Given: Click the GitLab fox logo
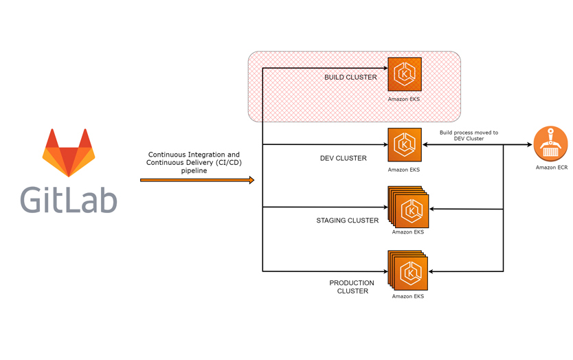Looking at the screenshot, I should click(x=69, y=153).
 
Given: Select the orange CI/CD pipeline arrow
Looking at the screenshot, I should click(x=196, y=180).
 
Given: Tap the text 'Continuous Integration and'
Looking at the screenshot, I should click(x=194, y=155).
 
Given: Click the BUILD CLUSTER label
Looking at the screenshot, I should click(x=350, y=78).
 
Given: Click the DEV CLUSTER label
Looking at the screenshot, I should click(x=344, y=158).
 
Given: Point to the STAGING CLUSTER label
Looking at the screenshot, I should click(x=347, y=221).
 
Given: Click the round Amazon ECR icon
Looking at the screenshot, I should click(x=551, y=144).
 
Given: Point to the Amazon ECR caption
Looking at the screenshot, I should click(x=552, y=168).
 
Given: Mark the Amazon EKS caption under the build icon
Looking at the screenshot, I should click(x=404, y=100).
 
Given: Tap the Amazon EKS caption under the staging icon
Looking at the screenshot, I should click(x=408, y=232).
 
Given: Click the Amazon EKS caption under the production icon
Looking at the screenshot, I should click(x=408, y=297).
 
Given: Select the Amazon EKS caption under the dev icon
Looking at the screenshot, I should click(x=404, y=170).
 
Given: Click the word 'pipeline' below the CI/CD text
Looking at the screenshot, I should click(x=194, y=171).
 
